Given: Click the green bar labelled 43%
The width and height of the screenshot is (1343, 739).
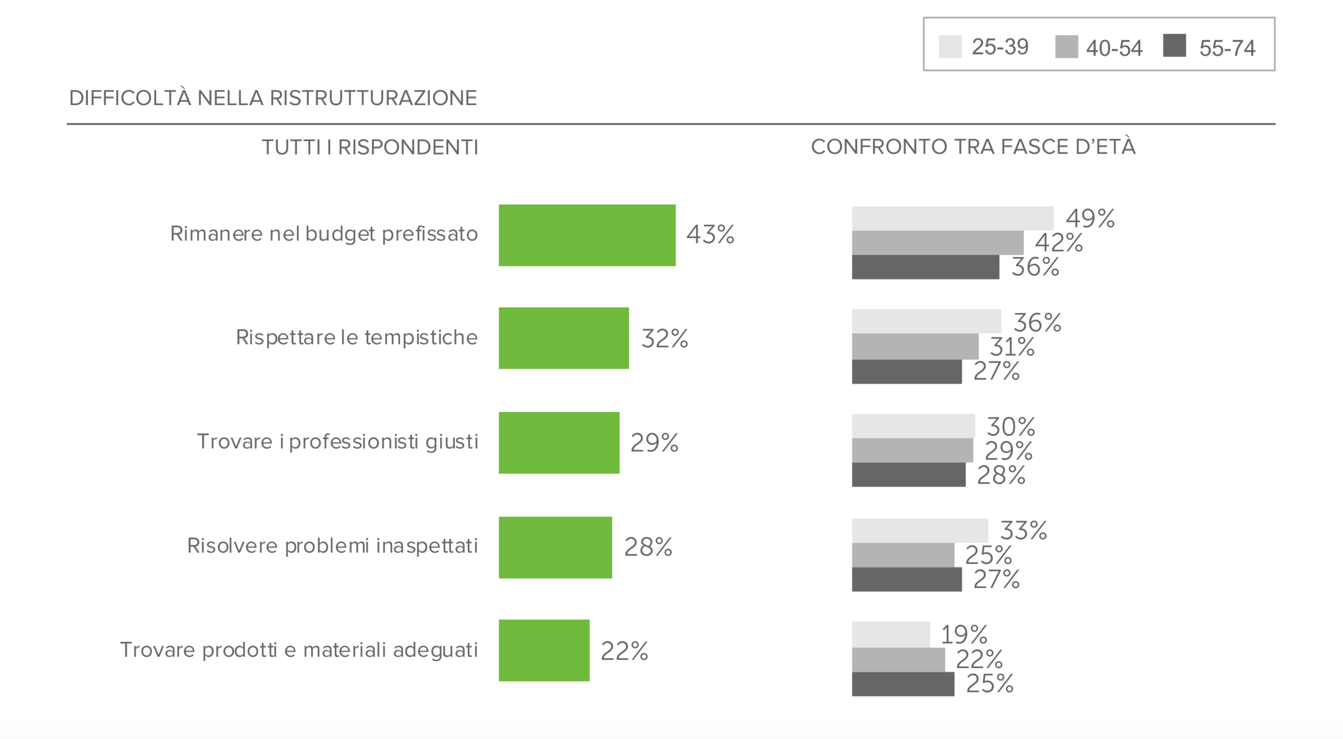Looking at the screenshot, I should [586, 235].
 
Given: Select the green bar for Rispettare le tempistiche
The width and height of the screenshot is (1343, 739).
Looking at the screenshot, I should [563, 338].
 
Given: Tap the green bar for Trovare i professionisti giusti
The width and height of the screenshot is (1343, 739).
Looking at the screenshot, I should [559, 442].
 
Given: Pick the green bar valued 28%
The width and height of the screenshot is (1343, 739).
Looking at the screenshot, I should [555, 547].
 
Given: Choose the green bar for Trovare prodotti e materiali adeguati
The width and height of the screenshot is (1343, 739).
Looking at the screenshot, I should [544, 650].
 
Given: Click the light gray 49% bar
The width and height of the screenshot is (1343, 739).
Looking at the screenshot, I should [952, 219].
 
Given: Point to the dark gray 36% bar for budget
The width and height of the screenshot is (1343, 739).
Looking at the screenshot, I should [925, 267].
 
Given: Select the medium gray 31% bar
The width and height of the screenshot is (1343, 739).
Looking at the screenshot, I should [914, 346].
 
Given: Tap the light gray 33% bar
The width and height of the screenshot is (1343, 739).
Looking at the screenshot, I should [919, 531].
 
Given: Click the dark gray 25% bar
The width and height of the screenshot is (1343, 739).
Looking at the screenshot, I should [903, 684].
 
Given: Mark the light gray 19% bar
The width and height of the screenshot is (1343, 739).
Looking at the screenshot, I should [891, 634].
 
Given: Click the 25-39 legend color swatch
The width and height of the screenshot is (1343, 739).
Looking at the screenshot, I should [950, 47].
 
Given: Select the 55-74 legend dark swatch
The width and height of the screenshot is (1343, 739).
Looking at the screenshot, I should [1174, 45].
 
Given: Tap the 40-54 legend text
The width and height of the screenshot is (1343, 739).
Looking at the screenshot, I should [1114, 48].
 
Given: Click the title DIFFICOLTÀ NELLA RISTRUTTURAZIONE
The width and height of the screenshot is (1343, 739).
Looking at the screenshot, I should [273, 98].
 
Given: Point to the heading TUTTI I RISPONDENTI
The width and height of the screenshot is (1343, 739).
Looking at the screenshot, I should [370, 147].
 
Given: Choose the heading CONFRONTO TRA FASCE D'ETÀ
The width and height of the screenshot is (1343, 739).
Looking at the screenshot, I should [973, 146].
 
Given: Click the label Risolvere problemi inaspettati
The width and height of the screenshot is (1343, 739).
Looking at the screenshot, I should [332, 546].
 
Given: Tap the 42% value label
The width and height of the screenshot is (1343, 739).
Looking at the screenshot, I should [1059, 243].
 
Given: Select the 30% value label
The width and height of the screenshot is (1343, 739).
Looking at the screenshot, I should [1010, 427].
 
